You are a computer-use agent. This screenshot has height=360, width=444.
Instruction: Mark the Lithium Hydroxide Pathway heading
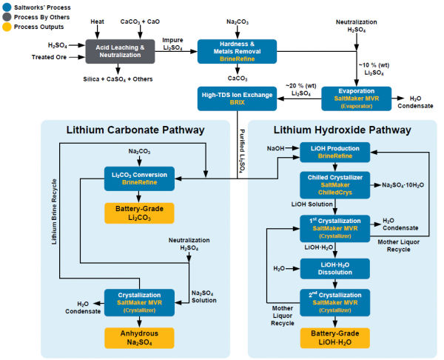click(341, 131)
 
